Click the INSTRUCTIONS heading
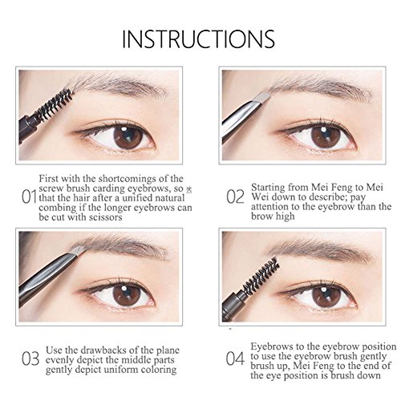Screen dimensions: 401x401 tap(198, 39)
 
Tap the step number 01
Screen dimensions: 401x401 tap(29, 197)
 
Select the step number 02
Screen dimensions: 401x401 tap(235, 197)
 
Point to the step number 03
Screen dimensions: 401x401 tap(30, 358)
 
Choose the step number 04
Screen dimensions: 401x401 tap(235, 358)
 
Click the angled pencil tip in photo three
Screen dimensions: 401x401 tap(79, 250)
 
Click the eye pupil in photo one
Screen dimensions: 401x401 tap(128, 136)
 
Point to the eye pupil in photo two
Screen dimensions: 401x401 tap(326, 137)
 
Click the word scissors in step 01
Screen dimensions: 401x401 tap(105, 217)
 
